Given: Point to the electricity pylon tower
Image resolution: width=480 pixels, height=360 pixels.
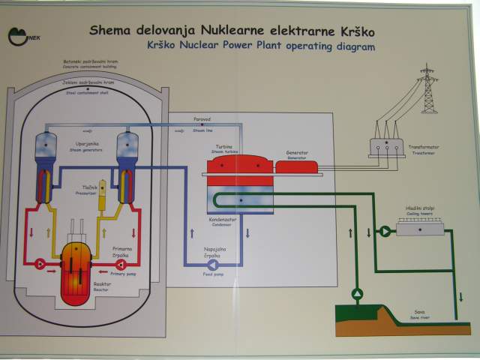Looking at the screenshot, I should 427,88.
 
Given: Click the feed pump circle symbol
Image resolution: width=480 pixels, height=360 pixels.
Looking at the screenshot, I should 212,264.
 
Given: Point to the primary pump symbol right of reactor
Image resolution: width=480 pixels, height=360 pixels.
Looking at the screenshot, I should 110,263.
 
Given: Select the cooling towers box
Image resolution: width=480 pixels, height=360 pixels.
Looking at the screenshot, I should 415,229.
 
